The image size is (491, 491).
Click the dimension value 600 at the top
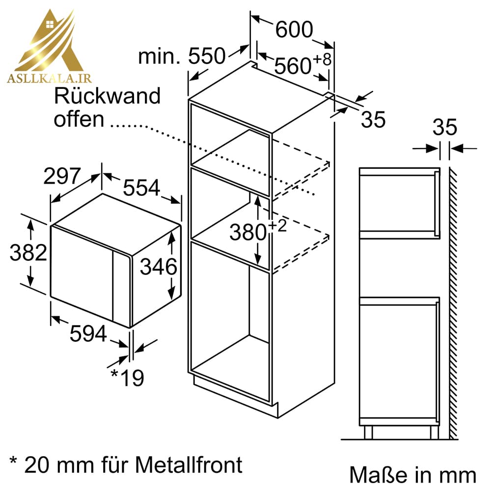click(x=294, y=29)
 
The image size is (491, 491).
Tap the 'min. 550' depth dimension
click(x=182, y=56)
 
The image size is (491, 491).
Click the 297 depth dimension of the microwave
click(x=62, y=176)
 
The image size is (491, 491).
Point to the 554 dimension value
click(x=141, y=188)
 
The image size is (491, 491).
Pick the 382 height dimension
click(x=28, y=252)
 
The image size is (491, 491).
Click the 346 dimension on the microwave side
click(x=159, y=267)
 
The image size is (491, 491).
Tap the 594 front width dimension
click(x=88, y=333)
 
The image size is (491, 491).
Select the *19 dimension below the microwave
click(x=128, y=377)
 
